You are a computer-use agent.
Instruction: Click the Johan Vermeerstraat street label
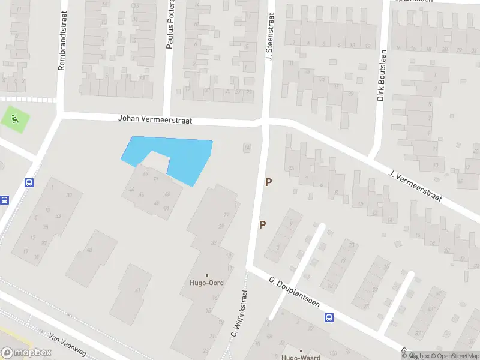(155, 119)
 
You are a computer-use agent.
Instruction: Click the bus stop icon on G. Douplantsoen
(329, 318)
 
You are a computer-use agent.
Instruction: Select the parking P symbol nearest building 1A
(268, 182)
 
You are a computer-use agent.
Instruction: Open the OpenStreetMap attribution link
(455, 356)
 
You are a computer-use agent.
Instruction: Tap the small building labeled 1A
(246, 147)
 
